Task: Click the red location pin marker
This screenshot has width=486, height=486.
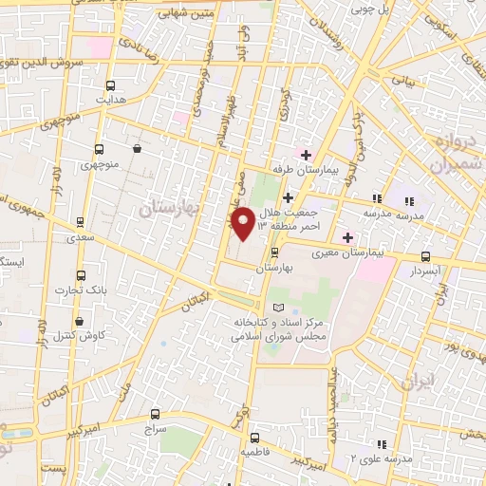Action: click(x=244, y=224)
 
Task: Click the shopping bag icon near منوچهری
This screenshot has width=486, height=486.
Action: click(x=138, y=148)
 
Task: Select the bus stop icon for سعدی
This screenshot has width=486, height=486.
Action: click(x=80, y=223)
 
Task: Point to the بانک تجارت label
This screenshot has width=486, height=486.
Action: click(x=79, y=289)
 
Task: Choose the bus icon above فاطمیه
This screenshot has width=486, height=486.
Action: click(x=255, y=439)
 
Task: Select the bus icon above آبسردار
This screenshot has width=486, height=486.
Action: click(x=424, y=255)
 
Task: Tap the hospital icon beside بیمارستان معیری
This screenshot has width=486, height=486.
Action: click(x=348, y=237)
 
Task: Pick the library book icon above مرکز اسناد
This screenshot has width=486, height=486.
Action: click(x=278, y=308)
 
